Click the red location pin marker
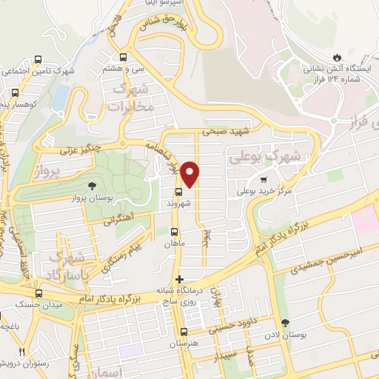coord(190,173)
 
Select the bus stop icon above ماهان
coord(174,231)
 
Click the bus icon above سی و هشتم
coord(123,56)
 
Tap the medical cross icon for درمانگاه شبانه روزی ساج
coord(178,279)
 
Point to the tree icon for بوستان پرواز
coord(92,187)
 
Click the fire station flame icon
coord(338,57)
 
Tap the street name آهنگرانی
coord(117,220)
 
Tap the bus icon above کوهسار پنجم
coord(15,93)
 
